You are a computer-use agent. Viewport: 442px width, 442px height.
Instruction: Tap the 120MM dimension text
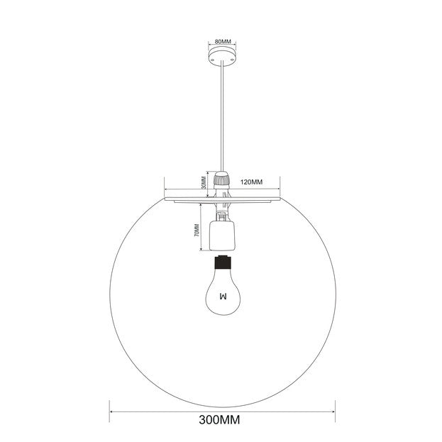(x=252, y=182)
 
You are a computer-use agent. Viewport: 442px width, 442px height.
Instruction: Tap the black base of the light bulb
(x=221, y=265)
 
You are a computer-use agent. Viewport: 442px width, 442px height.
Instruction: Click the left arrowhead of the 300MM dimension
(x=111, y=406)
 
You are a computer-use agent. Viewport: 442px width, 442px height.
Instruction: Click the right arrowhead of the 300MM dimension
(x=333, y=406)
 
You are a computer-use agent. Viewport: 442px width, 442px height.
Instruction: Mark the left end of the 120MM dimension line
(x=165, y=189)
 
